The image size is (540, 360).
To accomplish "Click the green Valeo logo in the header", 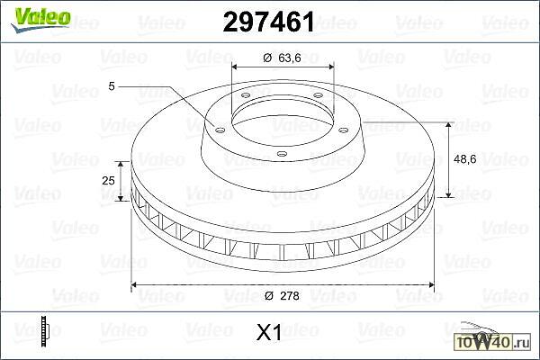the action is tap(41, 19).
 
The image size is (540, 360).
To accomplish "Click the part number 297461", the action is tap(268, 22).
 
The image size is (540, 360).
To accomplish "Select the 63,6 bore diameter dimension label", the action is tap(290, 58).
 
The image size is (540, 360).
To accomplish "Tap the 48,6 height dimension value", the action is tap(465, 159).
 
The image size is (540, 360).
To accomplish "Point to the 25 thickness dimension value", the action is tap(108, 180).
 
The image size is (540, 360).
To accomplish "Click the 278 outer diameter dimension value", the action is tap(290, 295).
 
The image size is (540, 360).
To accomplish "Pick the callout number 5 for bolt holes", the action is tap(112, 86).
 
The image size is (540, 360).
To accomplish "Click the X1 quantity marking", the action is tap(269, 332).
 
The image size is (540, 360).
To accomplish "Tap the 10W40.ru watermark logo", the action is tap(493, 338).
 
